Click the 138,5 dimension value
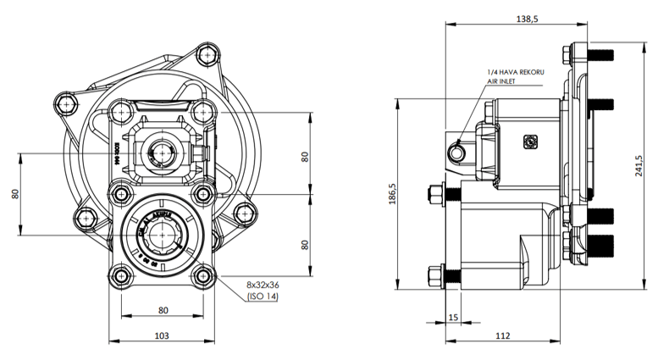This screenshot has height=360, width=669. pos(525,18)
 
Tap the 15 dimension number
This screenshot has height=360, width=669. pos(453,317)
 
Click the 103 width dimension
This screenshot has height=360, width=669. pos(162,335)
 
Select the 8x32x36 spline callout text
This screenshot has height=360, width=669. pos(263,285)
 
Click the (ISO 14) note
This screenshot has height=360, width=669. pos(263,297)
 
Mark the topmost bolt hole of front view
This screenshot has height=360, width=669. pos(206,55)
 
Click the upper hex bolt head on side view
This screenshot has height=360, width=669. pos(437,193)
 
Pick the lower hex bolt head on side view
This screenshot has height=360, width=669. pos(437,274)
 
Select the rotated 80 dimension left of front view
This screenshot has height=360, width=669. pos(15,192)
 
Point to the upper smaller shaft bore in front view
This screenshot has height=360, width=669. pos(161,152)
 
